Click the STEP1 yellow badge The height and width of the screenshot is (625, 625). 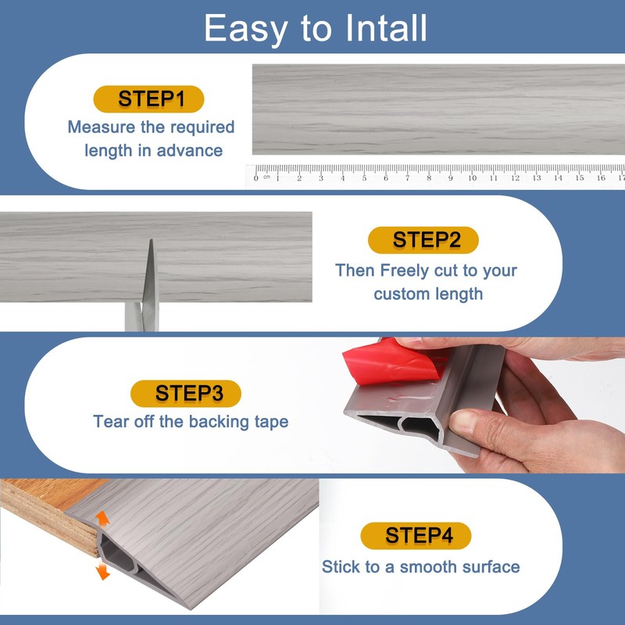[148, 99]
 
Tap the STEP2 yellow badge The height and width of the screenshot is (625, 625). [423, 240]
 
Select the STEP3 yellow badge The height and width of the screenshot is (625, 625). [186, 394]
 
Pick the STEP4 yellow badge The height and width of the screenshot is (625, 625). [416, 535]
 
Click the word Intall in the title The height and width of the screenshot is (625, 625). [386, 28]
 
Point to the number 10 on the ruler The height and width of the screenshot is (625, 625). [473, 178]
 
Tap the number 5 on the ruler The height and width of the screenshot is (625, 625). [364, 178]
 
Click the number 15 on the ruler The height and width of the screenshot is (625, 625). [580, 178]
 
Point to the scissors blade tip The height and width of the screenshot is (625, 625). [151, 240]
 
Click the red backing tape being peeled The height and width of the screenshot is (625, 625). [394, 362]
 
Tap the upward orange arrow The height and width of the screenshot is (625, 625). [102, 519]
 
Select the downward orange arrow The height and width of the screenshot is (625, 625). [103, 571]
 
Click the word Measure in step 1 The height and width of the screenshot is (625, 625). [102, 127]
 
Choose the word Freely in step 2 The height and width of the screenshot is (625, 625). [404, 271]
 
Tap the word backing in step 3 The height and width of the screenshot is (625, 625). [219, 422]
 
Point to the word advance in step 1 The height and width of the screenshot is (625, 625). [190, 151]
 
